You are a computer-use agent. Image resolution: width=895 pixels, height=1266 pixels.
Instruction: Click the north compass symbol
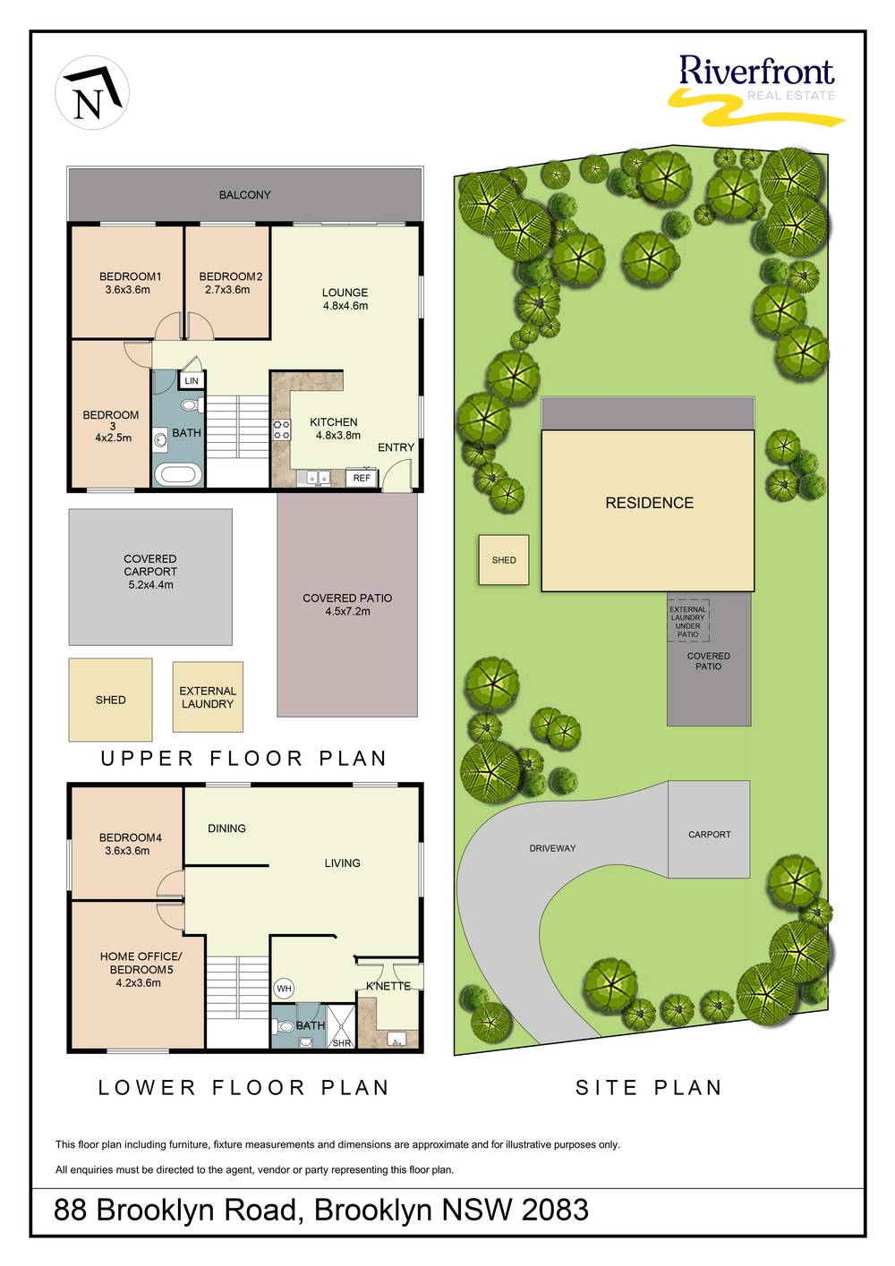click(92, 93)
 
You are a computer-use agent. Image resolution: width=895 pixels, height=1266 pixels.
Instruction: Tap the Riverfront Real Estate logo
click(756, 89)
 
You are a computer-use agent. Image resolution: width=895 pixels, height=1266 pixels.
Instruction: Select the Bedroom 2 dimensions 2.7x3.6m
click(227, 290)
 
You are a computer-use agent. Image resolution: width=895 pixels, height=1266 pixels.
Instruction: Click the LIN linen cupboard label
click(192, 381)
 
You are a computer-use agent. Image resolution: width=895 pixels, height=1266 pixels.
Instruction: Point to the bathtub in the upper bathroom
click(177, 474)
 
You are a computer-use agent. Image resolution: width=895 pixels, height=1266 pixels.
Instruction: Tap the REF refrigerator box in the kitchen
click(362, 478)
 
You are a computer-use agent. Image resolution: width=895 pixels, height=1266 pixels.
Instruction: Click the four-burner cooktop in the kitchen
click(282, 429)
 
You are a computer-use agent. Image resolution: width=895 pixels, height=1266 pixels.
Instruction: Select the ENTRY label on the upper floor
click(396, 447)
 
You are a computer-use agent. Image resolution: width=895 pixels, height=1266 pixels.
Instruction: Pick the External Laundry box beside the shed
click(208, 697)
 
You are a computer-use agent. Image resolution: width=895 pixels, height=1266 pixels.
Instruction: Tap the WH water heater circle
click(284, 989)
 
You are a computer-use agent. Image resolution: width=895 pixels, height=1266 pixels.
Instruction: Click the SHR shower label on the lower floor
click(342, 1043)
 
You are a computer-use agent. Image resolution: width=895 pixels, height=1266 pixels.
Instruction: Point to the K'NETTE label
click(388, 986)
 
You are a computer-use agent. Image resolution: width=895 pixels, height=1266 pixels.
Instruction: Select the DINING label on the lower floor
click(226, 828)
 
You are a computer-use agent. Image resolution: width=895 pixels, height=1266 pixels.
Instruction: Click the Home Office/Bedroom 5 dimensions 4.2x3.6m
click(139, 983)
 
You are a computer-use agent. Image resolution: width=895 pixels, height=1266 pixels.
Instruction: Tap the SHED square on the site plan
click(504, 559)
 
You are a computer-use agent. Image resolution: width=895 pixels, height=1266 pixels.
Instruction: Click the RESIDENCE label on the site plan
click(649, 503)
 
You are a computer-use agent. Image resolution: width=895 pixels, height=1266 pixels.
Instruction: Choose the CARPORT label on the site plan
click(710, 834)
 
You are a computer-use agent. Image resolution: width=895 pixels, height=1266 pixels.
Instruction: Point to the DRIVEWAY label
click(552, 848)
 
